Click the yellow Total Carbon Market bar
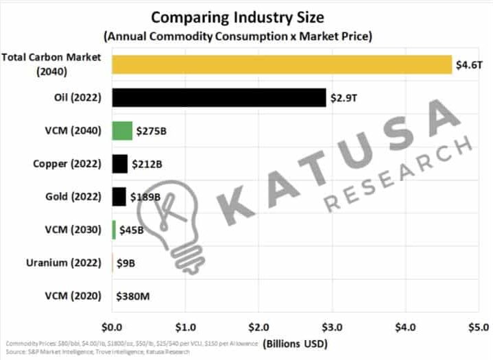pos(281,64)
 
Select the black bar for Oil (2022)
pos(219,97)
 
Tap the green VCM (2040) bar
pos(122,130)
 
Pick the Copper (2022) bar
pos(120,163)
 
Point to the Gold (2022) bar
pos(119,197)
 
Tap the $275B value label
pos(151,131)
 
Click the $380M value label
pos(136,296)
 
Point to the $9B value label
pos(125,263)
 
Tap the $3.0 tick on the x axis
pos(332,326)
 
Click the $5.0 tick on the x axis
pos(479,326)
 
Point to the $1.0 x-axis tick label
pos(185,326)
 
